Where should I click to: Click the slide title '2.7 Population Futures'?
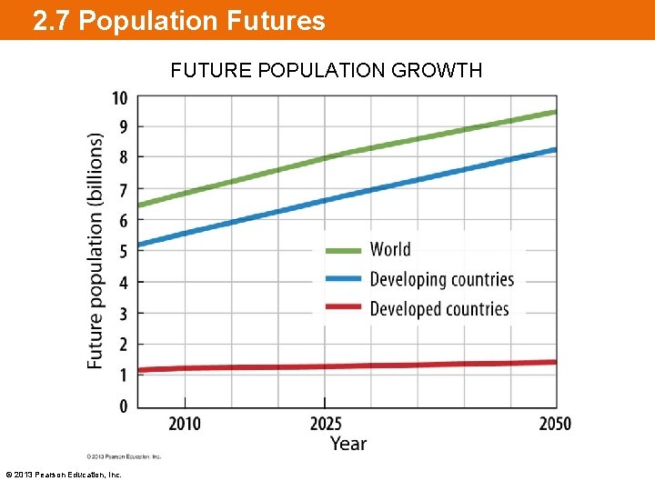click(178, 21)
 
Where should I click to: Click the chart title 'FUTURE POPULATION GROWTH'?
click(327, 70)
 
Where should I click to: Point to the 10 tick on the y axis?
click(119, 98)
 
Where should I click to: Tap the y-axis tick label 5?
click(123, 252)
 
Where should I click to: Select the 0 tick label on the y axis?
click(123, 406)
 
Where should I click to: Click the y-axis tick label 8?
click(123, 158)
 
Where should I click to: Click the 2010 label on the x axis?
click(185, 424)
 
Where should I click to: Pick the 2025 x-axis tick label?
click(325, 424)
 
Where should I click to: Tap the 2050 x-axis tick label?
click(554, 424)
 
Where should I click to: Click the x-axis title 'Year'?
click(348, 444)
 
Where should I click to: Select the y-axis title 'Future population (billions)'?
click(95, 251)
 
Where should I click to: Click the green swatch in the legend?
click(344, 250)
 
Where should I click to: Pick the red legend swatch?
click(344, 309)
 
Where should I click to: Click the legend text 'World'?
click(390, 250)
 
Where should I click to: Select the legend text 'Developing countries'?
click(441, 280)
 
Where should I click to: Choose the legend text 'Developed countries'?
click(438, 309)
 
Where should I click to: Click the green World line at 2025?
click(325, 158)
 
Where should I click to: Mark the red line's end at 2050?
click(554, 362)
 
